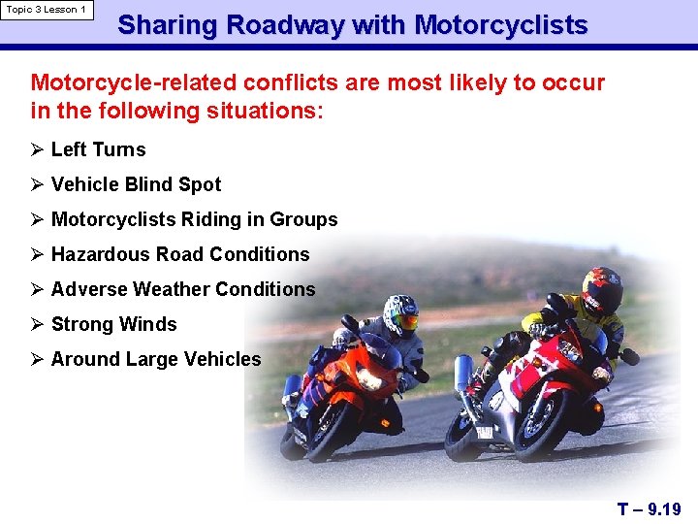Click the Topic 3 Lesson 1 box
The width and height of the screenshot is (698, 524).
click(47, 10)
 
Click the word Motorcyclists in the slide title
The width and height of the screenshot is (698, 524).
click(500, 25)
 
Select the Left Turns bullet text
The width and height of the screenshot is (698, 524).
click(98, 149)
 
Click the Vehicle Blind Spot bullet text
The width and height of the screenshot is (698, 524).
click(136, 184)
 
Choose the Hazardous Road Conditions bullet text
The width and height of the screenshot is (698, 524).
click(179, 254)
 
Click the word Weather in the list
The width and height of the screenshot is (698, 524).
click(172, 289)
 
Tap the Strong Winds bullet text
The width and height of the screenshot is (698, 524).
click(113, 324)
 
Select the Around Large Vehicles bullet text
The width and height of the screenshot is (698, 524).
click(155, 359)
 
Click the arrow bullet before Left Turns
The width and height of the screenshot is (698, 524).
click(38, 149)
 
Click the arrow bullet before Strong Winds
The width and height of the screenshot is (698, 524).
click(38, 324)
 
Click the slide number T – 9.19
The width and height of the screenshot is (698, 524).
click(649, 508)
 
